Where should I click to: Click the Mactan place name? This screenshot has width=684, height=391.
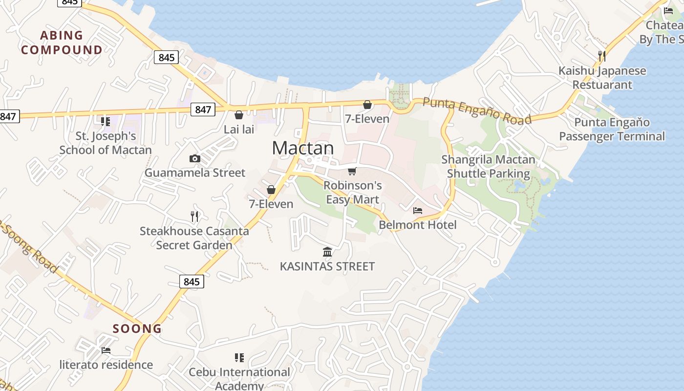pos(303,148)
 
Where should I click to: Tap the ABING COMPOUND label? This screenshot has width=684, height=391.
pos(62,43)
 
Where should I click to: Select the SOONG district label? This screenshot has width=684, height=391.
pos(137,328)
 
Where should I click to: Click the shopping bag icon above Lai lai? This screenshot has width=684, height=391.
pos(239,115)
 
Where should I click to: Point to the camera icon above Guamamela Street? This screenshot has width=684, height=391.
pos(194,158)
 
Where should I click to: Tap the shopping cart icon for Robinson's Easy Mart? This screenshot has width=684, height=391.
pos(352,171)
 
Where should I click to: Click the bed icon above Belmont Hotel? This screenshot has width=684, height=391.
pos(418,211)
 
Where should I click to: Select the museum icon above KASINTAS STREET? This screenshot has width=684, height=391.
pos(327,252)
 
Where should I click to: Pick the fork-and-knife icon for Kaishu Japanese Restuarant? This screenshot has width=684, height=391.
pos(602,56)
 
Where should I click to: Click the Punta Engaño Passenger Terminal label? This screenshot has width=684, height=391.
pos(612,130)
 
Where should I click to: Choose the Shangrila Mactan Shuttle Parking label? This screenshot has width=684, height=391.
pos(488,167)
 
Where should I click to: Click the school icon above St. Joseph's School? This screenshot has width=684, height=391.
pos(105,121)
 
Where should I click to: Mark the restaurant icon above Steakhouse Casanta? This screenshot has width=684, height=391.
pos(194,216)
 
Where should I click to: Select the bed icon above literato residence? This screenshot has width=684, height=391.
pos(106,350)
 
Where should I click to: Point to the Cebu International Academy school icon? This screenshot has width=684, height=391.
pos(239,358)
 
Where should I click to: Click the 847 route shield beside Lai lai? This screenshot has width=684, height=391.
pos(203,109)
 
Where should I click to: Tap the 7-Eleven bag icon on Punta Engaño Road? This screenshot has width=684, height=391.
pos(367,105)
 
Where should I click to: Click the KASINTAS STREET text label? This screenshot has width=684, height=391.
pos(327,266)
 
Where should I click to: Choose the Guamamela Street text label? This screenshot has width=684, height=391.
pos(195,173)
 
